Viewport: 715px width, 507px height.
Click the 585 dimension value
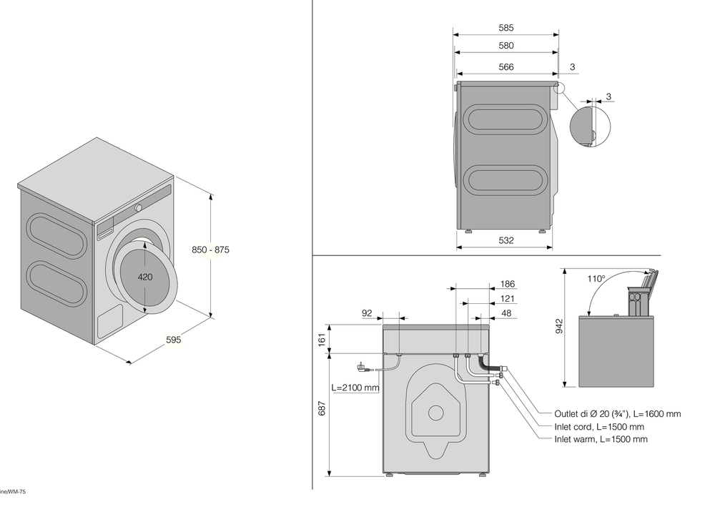(506, 29)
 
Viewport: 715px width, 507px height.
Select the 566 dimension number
(506, 68)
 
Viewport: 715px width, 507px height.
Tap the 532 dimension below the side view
(506, 240)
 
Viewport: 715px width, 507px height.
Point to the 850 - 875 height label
(211, 250)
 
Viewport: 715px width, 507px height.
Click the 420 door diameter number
(145, 277)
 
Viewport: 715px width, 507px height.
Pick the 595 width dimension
(173, 340)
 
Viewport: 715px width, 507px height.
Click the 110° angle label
(596, 279)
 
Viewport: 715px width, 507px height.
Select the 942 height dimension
(560, 326)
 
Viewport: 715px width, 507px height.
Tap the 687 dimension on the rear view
(322, 408)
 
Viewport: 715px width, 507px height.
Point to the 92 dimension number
(368, 312)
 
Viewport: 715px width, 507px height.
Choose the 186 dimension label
(508, 285)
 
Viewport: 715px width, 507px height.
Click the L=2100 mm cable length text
(355, 388)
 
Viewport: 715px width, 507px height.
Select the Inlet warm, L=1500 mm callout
(601, 439)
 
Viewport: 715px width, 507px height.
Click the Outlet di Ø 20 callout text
(617, 414)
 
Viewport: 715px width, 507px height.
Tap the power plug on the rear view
(362, 368)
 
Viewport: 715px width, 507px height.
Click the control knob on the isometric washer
(139, 206)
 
